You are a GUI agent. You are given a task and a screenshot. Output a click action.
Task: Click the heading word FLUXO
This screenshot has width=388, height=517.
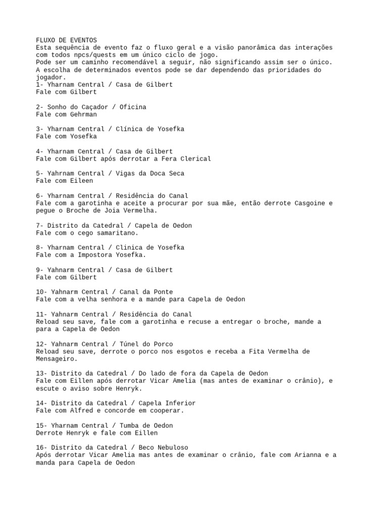45,40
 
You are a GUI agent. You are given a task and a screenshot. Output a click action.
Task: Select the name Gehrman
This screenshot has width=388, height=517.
83,115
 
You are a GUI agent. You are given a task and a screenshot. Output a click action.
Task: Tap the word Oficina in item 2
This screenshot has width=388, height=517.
133,107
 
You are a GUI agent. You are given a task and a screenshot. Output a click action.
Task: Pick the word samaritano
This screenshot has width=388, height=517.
116,233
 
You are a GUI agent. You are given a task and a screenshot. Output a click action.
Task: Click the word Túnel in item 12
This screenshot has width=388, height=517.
125,344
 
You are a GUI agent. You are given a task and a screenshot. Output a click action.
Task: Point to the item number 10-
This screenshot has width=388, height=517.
41,292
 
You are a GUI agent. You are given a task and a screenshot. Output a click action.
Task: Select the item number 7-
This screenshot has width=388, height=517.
40,225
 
